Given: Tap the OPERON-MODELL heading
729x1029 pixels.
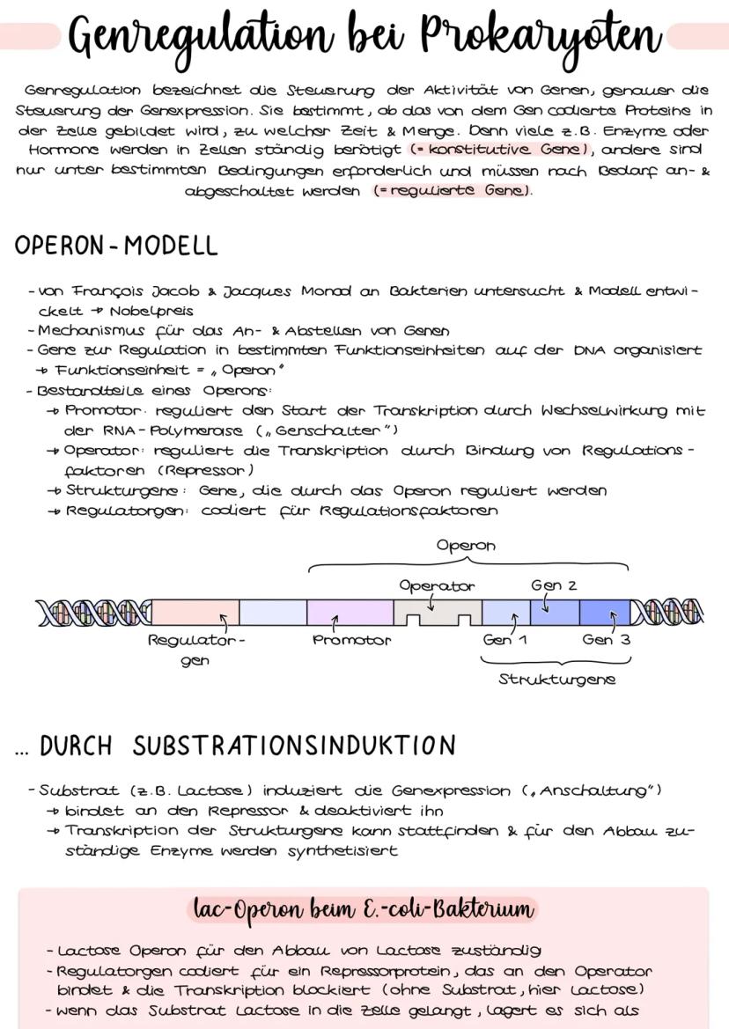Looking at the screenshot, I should pos(116,246).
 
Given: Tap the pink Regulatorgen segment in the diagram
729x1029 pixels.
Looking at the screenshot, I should pos(195,613).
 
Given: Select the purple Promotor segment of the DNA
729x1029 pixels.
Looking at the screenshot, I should pos(350,613).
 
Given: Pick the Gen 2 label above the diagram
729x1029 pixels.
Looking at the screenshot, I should pos(554,585).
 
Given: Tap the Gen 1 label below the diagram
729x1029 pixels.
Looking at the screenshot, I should pos(504,640).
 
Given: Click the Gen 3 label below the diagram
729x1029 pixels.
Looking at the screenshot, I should pos(606,640).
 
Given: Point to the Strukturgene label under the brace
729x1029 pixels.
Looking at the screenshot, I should pos(556,680).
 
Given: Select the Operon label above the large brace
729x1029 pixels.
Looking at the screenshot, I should pos(466,546).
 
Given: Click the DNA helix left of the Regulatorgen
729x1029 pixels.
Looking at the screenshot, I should pos(92,613).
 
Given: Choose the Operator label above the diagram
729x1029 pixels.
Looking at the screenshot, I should pos(437,585).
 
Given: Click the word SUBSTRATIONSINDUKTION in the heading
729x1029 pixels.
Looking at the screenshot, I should pos(295,746).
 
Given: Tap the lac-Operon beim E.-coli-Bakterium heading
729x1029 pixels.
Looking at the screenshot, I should pos(363,908).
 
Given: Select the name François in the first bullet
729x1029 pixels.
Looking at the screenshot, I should pos(107,291).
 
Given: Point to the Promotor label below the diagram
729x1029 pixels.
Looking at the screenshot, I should pos(351,640).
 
